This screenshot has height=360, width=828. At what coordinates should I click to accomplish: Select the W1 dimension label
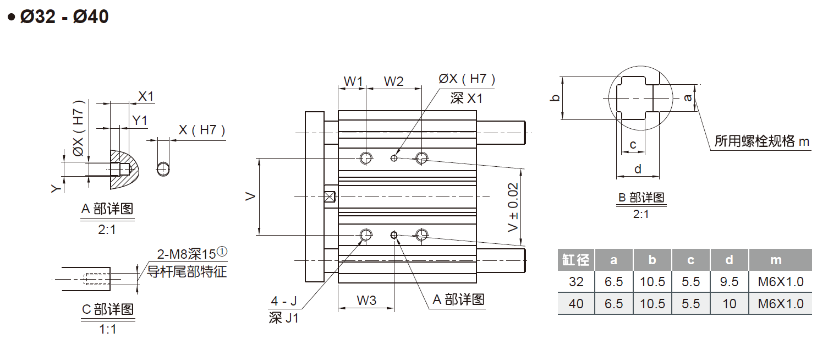tap(353, 81)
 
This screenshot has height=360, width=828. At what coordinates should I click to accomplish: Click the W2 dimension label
tap(393, 81)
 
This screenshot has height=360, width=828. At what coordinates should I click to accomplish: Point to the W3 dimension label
tap(366, 301)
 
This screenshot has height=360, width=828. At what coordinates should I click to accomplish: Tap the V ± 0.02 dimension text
tap(513, 208)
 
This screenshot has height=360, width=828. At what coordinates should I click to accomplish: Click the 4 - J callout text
tap(283, 301)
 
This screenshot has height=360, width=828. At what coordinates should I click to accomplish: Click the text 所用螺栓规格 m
tap(762, 141)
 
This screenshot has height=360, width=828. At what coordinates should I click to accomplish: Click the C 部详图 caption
tap(107, 309)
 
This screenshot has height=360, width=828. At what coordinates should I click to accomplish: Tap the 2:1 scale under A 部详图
tap(107, 230)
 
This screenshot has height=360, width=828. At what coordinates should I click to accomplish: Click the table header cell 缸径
tap(575, 260)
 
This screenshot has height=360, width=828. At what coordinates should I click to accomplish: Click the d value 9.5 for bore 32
tap(729, 282)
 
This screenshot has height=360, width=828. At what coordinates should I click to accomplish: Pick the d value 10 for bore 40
tap(729, 304)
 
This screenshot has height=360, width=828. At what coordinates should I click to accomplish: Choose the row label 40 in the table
tap(575, 304)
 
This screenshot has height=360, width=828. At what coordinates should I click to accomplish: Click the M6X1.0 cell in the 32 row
tap(780, 282)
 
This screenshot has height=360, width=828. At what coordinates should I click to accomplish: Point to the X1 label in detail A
tap(146, 97)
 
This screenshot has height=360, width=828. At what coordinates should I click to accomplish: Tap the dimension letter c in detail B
tap(633, 145)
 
